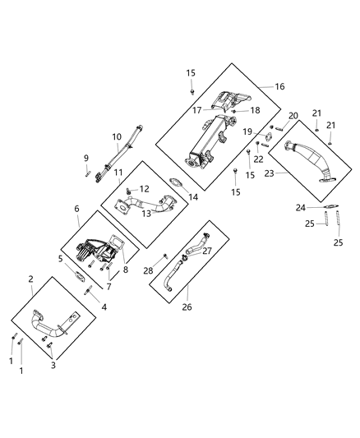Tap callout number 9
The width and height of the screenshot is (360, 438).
85,158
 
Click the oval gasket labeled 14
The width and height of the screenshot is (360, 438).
175,182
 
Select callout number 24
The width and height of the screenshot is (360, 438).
302,207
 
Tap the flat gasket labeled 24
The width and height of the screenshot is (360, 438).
326,207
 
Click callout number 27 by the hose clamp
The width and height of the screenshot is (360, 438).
207,251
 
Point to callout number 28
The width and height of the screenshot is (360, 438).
149,271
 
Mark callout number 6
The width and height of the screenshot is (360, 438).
77,210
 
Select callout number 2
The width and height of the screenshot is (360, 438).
31,280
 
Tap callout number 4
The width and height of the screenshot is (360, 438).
104,307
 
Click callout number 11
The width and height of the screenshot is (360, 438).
118,173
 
